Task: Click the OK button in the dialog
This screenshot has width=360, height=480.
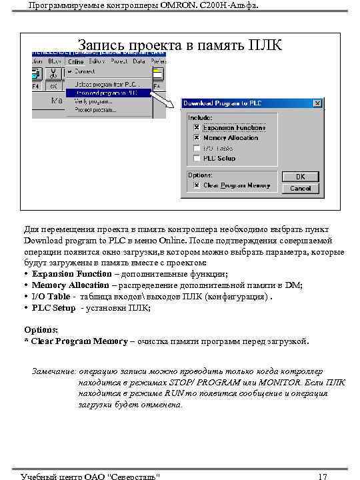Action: (300, 177)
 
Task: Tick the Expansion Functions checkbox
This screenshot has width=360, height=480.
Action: (196, 127)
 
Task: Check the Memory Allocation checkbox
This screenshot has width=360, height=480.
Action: (196, 137)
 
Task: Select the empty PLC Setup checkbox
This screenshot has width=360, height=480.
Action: (196, 159)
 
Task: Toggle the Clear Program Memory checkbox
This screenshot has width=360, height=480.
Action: (196, 185)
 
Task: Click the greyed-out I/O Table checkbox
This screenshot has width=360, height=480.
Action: (196, 148)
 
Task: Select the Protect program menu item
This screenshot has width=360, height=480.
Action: (95, 110)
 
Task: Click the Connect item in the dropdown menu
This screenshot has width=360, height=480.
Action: (85, 71)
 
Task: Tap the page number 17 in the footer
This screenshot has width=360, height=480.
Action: (323, 475)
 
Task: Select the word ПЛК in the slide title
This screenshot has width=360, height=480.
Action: (265, 45)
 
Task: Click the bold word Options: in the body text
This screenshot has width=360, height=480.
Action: (41, 330)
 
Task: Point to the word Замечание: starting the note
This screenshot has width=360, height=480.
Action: (54, 371)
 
